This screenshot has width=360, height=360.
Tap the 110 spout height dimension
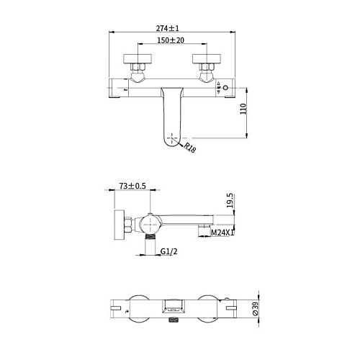pyautogui.click(x=243, y=109)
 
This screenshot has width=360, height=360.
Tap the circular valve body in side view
pyautogui.click(x=149, y=221)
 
